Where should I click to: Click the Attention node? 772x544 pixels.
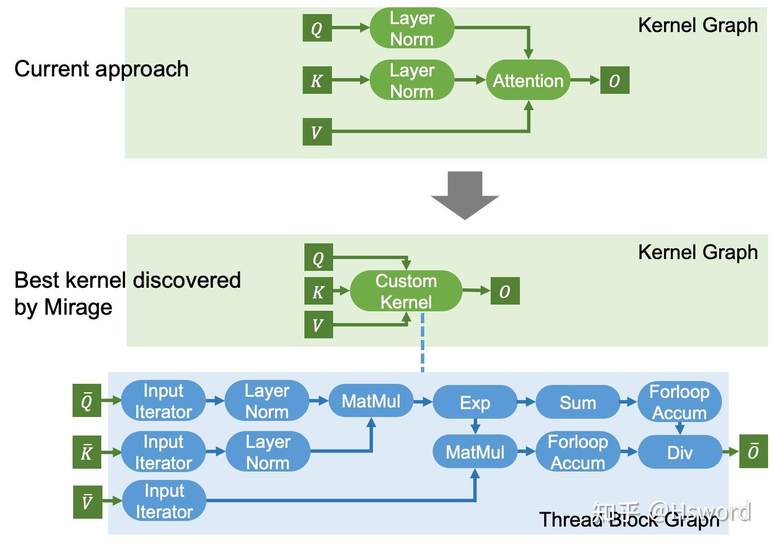point(528,80)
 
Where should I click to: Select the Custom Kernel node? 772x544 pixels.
point(406,291)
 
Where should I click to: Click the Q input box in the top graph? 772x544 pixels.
point(317,28)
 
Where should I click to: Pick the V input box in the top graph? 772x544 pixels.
point(317,132)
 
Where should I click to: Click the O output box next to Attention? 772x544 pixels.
point(614,80)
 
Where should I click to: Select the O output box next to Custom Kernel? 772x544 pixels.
point(505,291)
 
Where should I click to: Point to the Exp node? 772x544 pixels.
point(475,402)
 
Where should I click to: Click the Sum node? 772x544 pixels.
point(577,402)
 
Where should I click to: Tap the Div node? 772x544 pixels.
point(680,452)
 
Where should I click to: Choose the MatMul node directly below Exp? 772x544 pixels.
point(475,452)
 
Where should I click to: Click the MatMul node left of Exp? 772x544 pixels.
point(371,401)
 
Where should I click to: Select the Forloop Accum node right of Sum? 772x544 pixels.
point(679,402)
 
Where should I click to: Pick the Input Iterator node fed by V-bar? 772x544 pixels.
point(164,501)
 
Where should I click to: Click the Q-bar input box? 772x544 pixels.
point(87,401)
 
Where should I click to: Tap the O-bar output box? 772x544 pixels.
point(753,451)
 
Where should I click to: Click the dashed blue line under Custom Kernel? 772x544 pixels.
point(423,343)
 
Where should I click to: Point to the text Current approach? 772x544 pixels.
point(101,69)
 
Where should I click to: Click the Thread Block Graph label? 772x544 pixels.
point(629,520)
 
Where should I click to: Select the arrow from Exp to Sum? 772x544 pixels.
point(526,402)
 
